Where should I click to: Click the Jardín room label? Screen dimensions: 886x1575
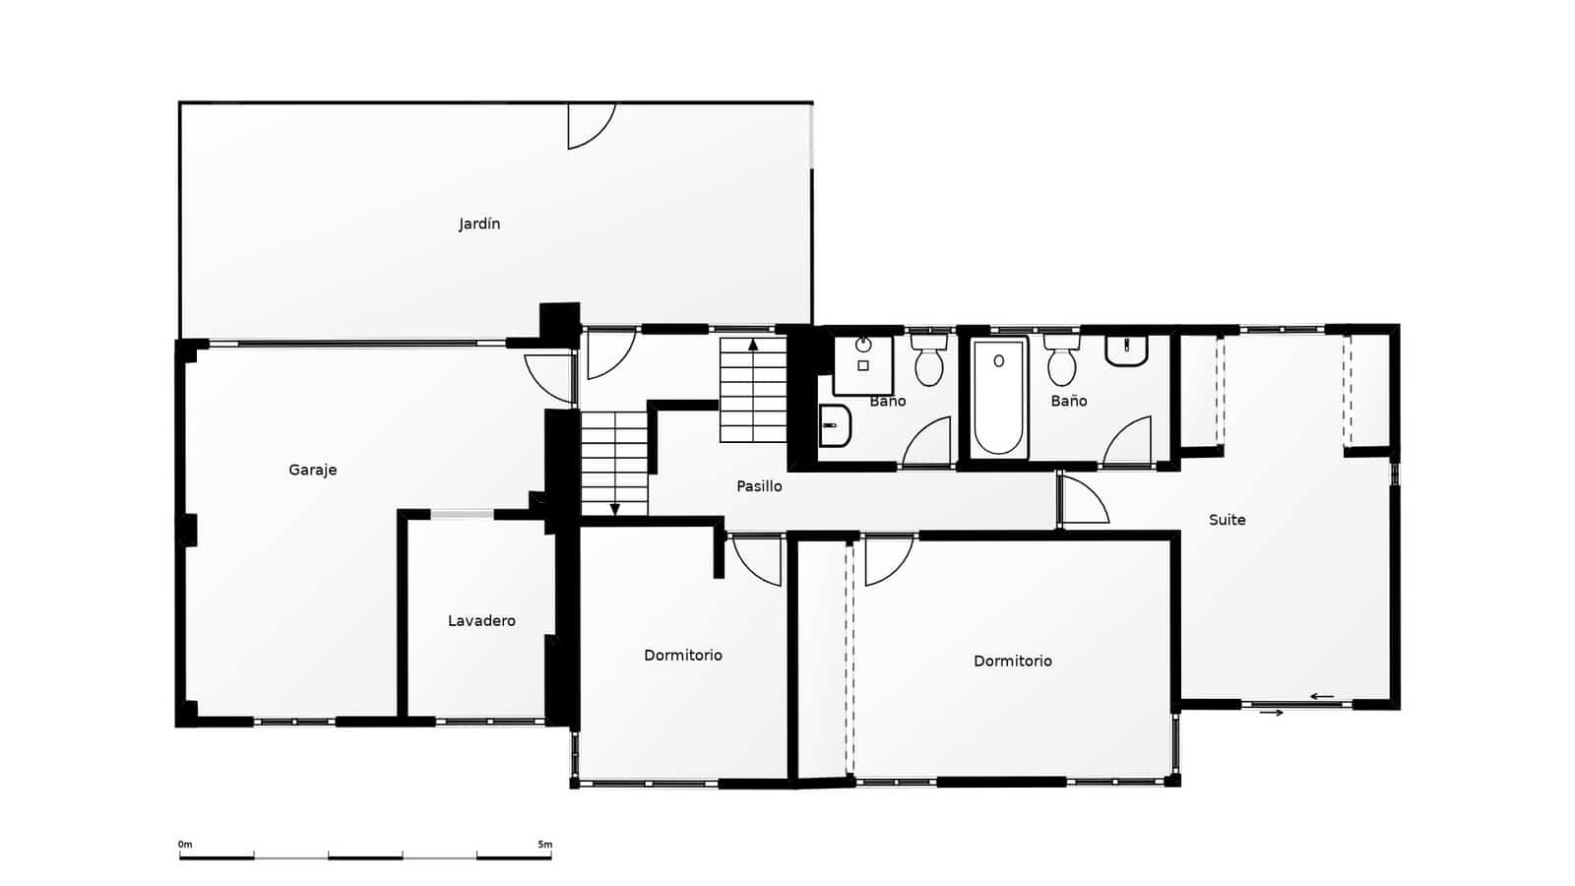coord(479,224)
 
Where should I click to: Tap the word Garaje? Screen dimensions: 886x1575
coord(312,471)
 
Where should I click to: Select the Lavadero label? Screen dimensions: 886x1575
coord(481,621)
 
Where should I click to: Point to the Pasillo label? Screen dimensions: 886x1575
coord(759,486)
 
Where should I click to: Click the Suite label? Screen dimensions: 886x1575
coord(1227,520)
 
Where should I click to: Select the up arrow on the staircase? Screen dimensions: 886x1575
coord(753,345)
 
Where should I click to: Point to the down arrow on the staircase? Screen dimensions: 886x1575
coord(614,509)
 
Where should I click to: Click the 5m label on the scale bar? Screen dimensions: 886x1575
coord(544,845)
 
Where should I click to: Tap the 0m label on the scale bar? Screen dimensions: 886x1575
coord(185,845)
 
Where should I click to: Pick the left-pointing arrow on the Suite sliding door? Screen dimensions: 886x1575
coord(1321,697)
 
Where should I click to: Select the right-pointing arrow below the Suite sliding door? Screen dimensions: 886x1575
coord(1272,713)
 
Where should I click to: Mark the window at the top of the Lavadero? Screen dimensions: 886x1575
coord(462,514)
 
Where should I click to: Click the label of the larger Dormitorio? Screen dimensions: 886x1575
coord(1012,662)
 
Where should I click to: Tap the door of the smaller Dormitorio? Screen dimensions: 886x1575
coord(756,559)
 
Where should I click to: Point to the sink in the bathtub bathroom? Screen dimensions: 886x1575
coord(1126,350)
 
